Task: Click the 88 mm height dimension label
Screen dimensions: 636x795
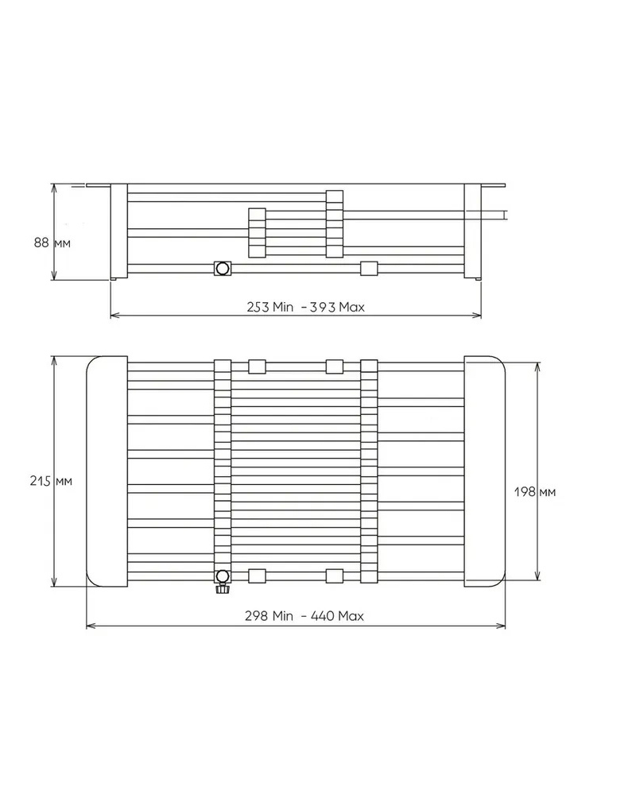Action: click(x=52, y=242)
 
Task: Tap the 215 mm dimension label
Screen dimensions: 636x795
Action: click(x=51, y=481)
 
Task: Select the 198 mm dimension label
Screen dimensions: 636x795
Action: click(x=535, y=491)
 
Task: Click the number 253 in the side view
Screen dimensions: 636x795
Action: click(x=257, y=307)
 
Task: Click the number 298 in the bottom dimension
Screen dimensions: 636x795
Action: click(x=256, y=616)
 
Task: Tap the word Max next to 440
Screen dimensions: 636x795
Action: click(x=351, y=616)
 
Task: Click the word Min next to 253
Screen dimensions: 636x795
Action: click(x=283, y=307)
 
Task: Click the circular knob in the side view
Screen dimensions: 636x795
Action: click(x=222, y=268)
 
